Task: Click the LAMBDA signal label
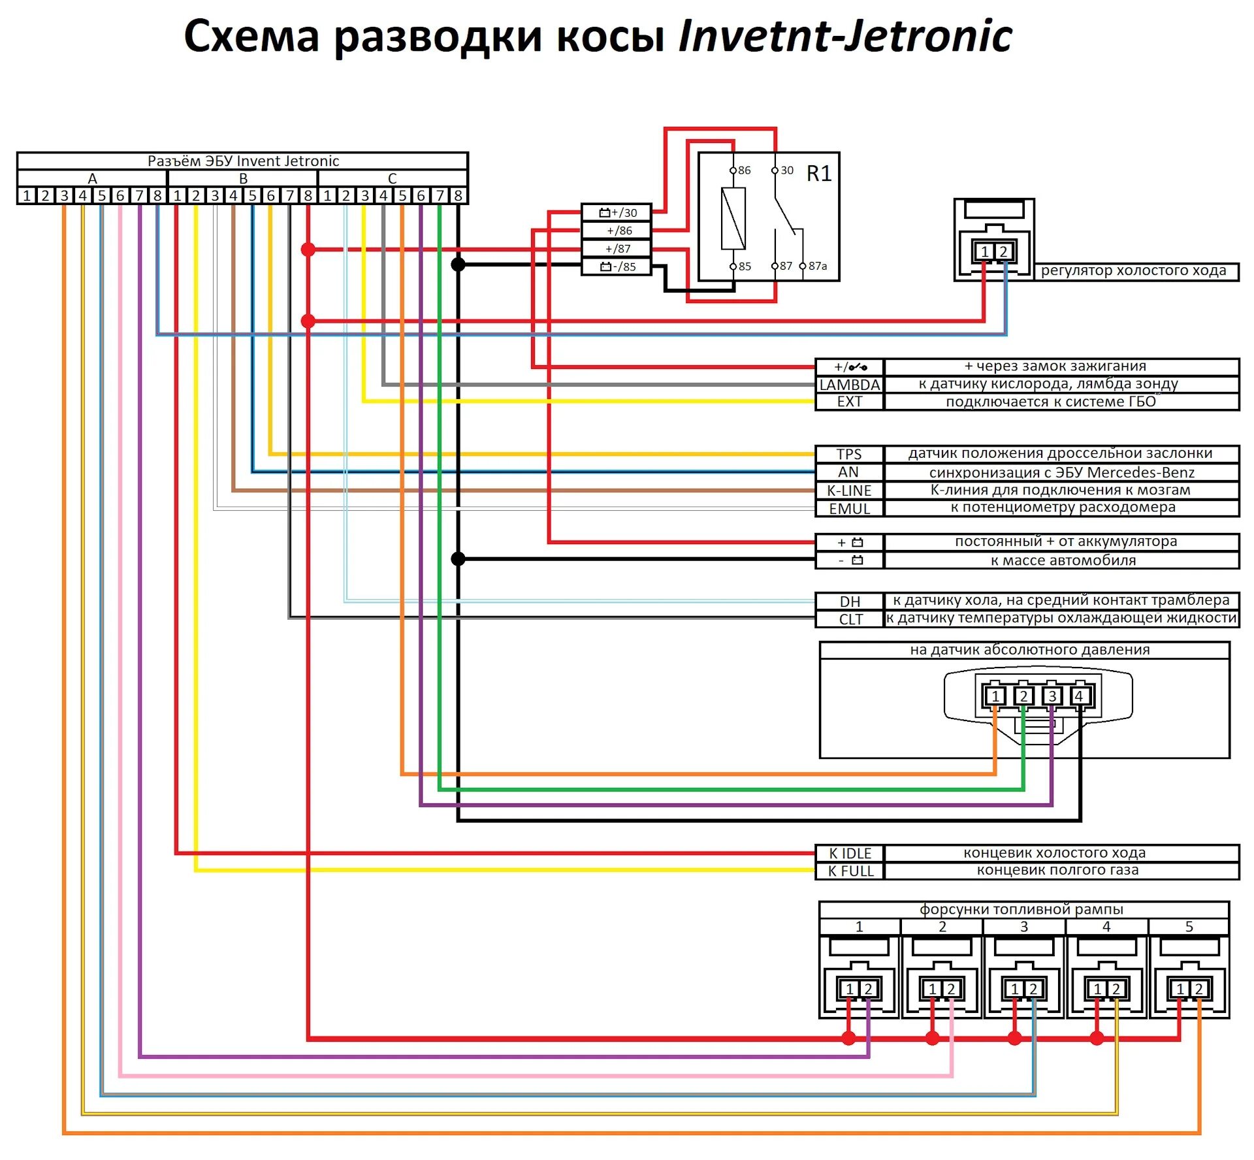click(x=849, y=385)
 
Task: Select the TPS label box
click(x=849, y=454)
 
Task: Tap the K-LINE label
click(x=849, y=491)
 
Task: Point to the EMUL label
click(x=849, y=509)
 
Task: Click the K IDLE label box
click(x=850, y=853)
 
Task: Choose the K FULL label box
click(x=850, y=871)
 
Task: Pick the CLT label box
click(x=850, y=619)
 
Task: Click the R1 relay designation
click(x=819, y=174)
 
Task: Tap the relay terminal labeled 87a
click(x=817, y=266)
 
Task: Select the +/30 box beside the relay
click(x=617, y=212)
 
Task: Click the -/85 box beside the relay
click(x=617, y=266)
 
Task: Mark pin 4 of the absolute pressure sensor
click(x=1078, y=696)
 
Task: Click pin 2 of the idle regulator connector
click(x=1003, y=251)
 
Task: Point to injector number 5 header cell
click(x=1189, y=926)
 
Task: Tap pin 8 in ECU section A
click(x=157, y=195)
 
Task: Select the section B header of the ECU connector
click(x=243, y=178)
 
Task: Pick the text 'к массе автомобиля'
click(x=1063, y=560)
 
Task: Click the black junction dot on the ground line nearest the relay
click(x=458, y=265)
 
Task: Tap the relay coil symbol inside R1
click(x=733, y=219)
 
